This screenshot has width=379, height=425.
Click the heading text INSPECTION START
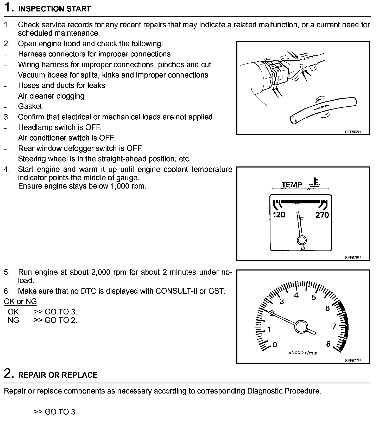click(x=54, y=9)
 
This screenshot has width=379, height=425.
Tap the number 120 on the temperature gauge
click(x=279, y=215)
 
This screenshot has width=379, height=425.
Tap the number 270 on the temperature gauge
click(x=322, y=215)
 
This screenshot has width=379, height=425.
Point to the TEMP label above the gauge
click(x=292, y=185)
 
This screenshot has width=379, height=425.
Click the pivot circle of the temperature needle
click(x=301, y=240)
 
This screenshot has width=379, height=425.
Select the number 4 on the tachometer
click(x=296, y=295)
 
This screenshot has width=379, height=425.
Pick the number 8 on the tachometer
click(x=328, y=344)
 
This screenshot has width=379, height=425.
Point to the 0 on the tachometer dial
click(x=275, y=345)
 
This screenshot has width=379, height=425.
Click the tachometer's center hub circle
click(x=301, y=327)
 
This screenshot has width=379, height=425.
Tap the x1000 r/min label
click(x=303, y=353)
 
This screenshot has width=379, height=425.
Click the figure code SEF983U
click(x=353, y=132)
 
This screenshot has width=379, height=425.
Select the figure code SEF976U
click(x=353, y=257)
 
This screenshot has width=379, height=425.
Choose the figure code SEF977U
click(x=353, y=360)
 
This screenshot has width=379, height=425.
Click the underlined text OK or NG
click(x=20, y=301)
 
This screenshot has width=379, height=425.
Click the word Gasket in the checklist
click(x=30, y=106)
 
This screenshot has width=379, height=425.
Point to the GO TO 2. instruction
click(x=61, y=320)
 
